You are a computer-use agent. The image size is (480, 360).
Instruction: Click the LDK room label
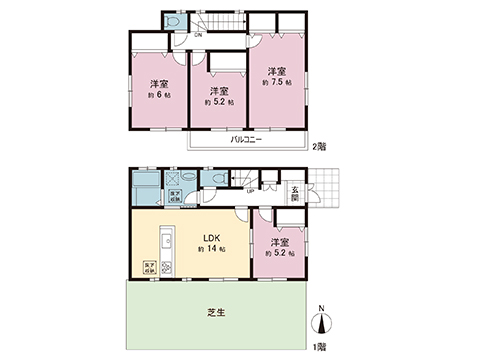coord(211,238)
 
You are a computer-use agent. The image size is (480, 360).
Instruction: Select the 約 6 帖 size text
coord(158,97)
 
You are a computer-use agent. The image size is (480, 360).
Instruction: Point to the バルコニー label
coord(246,140)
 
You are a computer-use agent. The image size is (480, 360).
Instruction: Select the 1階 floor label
coord(320,345)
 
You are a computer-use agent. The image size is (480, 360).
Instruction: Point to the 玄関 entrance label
coord(296,193)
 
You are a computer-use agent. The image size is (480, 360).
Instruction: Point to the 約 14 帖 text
coord(212,252)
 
